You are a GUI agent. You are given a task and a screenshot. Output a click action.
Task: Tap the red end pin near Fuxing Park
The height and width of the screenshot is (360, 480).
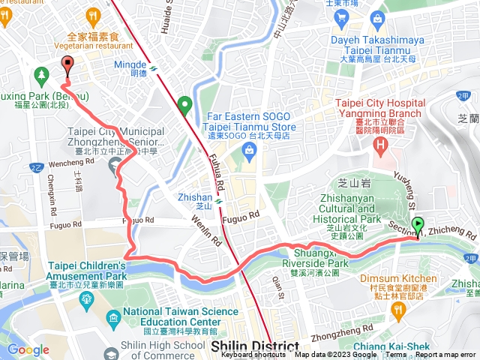point(67,65)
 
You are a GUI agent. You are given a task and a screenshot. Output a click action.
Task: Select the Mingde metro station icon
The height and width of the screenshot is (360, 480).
point(153,67)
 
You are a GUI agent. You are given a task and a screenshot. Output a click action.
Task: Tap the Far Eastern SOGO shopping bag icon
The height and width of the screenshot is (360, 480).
point(247,151)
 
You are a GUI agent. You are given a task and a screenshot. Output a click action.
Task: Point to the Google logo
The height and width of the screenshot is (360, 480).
point(28,349)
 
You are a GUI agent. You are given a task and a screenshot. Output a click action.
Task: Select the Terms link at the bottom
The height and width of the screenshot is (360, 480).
point(396,355)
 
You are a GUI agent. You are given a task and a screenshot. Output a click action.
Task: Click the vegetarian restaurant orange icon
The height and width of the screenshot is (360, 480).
point(93,14)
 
